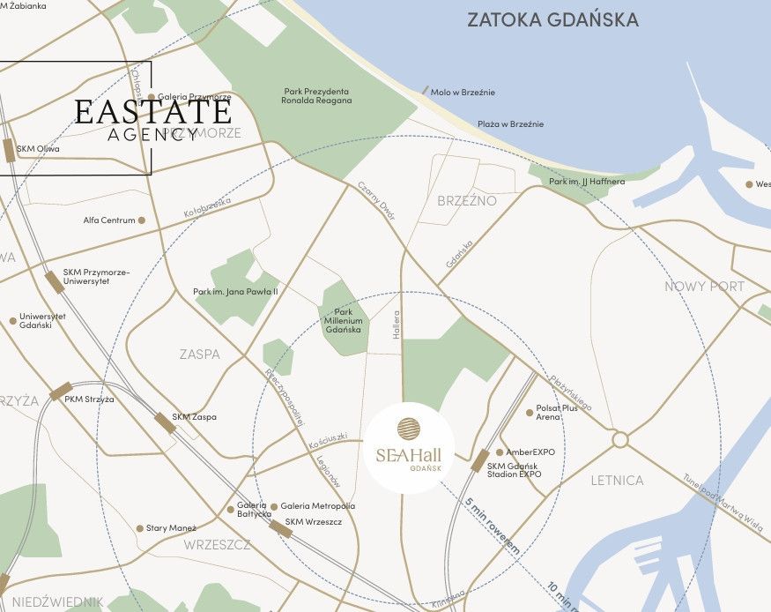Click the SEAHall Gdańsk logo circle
pos(409,452)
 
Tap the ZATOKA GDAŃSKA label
pos(552,19)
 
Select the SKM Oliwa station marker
pos(9,151)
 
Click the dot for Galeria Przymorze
pos(152,97)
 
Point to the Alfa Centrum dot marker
pos(141,220)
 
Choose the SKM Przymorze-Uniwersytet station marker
pos(55,281)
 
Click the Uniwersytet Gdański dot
pos(12,321)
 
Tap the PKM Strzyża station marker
pos(61,392)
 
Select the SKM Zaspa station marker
pos(165,422)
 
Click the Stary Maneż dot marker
pos(139,528)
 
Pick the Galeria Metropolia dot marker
pos(274,506)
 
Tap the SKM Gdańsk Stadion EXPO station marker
pos(480,461)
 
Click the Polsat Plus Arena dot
pos(529,412)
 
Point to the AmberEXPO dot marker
pos(500,452)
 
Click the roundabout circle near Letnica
pos(619,439)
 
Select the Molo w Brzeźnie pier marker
pos(426,90)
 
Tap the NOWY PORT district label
pos(704,287)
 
